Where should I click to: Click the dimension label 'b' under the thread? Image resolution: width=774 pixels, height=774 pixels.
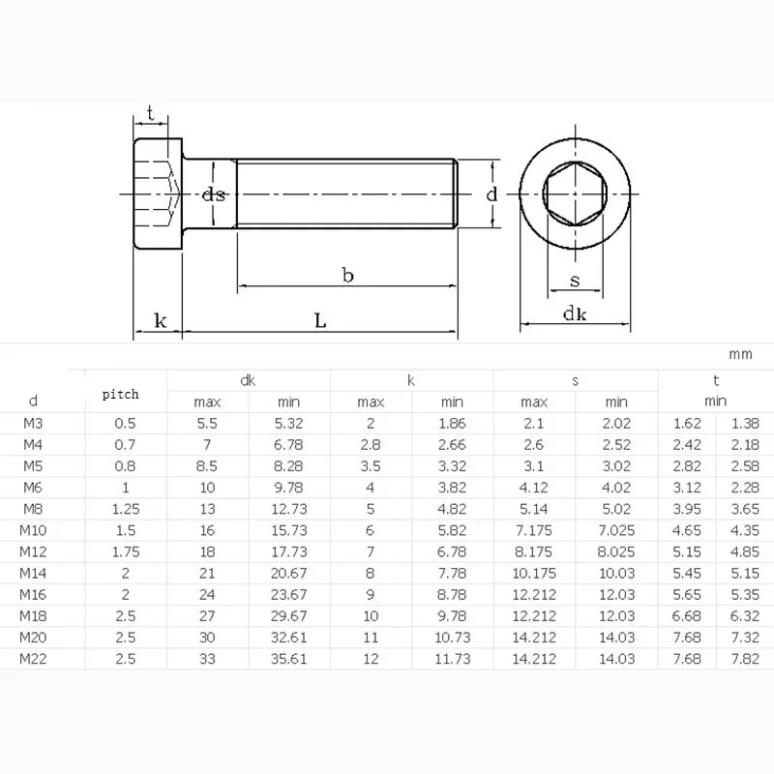(347, 276)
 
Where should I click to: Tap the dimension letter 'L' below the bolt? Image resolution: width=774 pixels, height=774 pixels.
(320, 321)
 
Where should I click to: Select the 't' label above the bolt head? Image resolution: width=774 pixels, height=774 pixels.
(150, 113)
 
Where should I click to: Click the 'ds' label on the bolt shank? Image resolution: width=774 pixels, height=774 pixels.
(214, 194)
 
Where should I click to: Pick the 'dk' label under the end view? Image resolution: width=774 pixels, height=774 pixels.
(576, 313)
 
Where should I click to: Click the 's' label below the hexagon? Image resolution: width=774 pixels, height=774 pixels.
(575, 282)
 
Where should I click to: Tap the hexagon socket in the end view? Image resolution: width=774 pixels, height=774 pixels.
(575, 193)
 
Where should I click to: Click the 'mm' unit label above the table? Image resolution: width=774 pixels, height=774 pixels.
(740, 354)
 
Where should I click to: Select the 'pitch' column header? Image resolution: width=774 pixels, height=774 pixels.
(121, 394)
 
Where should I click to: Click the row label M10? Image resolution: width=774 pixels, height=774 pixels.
(34, 530)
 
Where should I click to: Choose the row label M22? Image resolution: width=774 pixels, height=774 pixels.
(34, 659)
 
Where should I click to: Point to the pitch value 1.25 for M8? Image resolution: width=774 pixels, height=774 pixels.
(126, 509)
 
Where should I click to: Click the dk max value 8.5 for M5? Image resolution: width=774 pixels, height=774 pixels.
(209, 465)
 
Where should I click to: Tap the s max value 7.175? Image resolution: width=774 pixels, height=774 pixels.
(534, 530)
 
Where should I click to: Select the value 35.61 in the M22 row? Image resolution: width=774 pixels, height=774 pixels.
(290, 659)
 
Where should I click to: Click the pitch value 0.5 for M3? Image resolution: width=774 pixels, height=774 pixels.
(126, 423)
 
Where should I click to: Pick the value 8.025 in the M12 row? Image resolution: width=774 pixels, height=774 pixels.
(616, 551)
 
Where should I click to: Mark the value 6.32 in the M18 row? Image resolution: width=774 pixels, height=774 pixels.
(744, 616)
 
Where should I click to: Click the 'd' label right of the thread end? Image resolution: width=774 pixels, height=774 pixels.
(491, 194)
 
